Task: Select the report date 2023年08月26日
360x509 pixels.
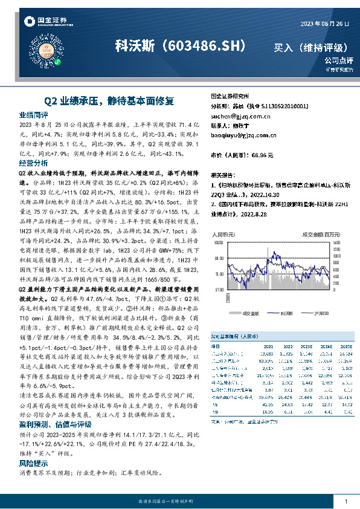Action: (x=326, y=24)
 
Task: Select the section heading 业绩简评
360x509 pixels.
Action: (x=34, y=114)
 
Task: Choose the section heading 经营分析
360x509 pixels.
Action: (x=34, y=163)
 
